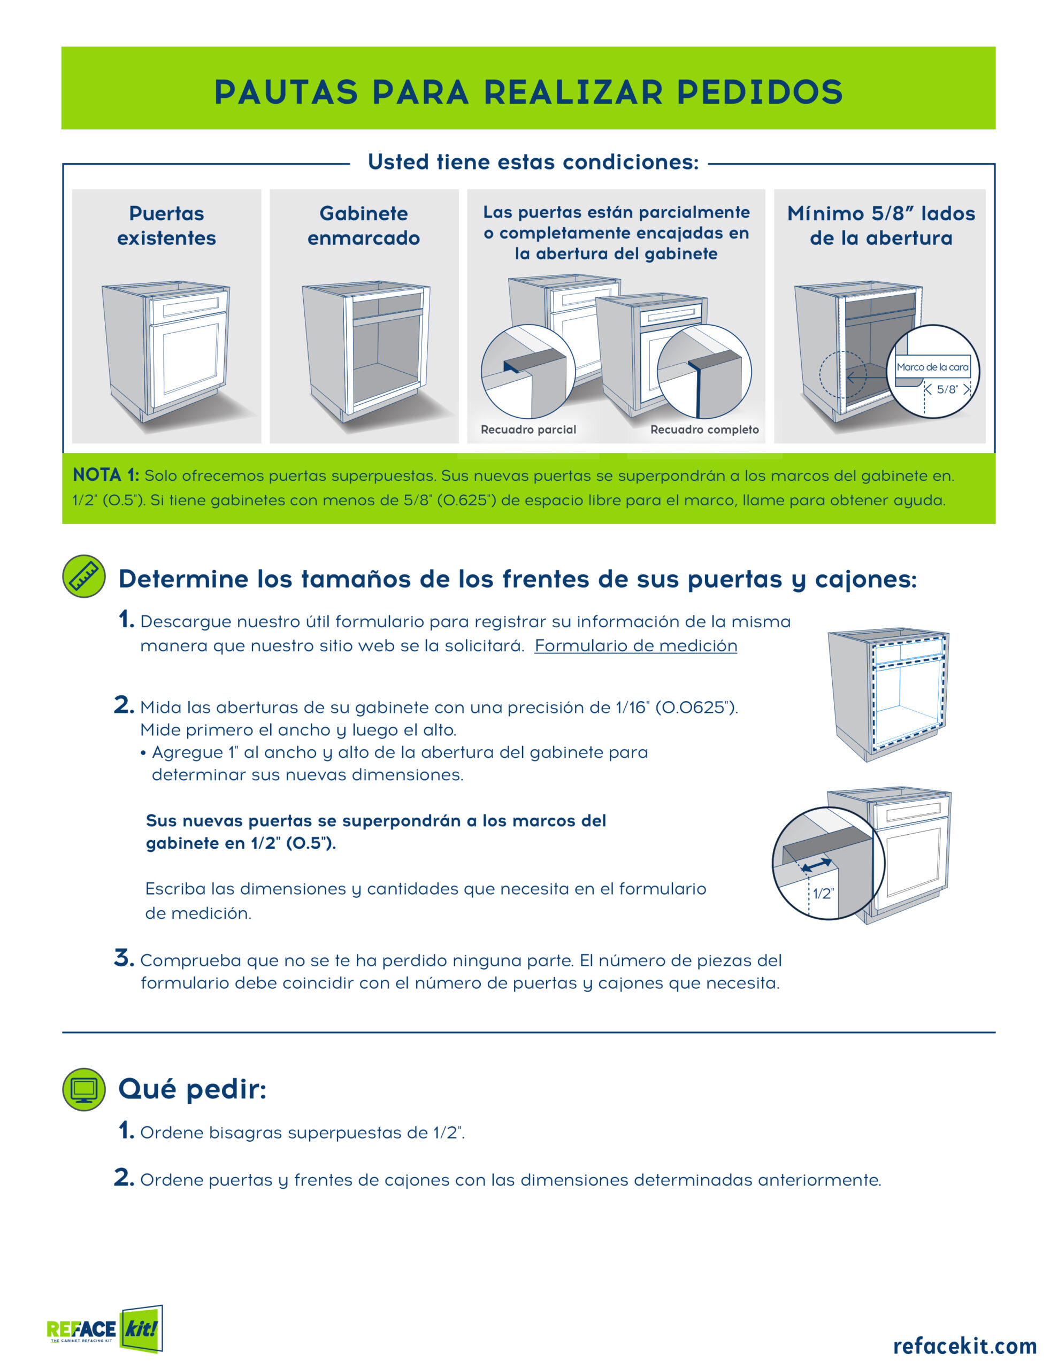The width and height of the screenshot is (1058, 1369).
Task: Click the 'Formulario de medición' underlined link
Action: tap(635, 645)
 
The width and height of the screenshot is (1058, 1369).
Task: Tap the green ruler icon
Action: tap(84, 576)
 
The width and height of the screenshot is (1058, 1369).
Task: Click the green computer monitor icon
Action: tap(84, 1089)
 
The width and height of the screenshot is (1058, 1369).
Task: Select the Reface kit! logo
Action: tap(105, 1328)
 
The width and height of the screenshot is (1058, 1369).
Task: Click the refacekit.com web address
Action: tap(964, 1345)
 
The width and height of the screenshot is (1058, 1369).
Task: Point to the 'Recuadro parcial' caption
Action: tap(528, 429)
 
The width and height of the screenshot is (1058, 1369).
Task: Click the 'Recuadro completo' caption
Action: tap(704, 429)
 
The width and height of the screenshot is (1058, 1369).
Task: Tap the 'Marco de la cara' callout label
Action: tap(932, 367)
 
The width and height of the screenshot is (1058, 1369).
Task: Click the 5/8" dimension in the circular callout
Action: tap(947, 389)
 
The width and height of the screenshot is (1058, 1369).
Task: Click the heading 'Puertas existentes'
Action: tap(166, 226)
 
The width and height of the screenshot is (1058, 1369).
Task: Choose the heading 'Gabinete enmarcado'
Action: tap(364, 226)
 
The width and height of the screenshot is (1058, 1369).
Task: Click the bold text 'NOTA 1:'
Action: tap(106, 475)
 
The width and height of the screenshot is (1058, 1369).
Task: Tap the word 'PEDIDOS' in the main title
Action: tap(760, 92)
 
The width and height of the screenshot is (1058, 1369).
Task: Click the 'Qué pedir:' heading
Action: tap(193, 1089)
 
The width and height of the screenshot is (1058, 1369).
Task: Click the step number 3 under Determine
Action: tap(124, 958)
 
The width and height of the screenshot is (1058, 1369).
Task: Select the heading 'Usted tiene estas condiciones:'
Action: tap(533, 161)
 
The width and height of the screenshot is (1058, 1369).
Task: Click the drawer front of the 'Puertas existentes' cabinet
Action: tap(188, 306)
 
